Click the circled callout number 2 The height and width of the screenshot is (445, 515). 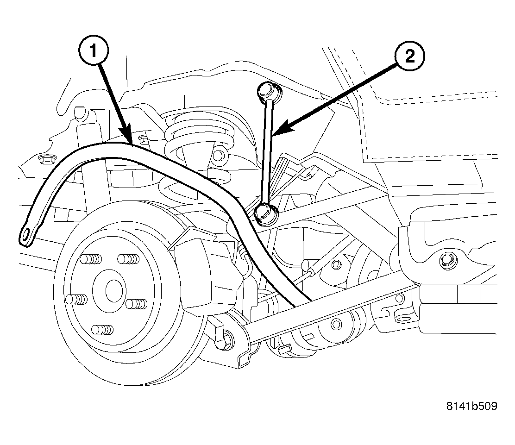click(409, 56)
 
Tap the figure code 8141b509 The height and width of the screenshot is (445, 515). click(471, 406)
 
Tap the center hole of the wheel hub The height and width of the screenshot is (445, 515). click(113, 290)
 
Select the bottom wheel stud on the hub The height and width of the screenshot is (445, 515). click(102, 329)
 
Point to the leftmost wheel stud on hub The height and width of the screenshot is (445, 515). click(76, 300)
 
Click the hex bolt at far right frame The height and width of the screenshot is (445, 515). click(445, 259)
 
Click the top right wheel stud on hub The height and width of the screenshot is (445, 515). click(129, 259)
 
